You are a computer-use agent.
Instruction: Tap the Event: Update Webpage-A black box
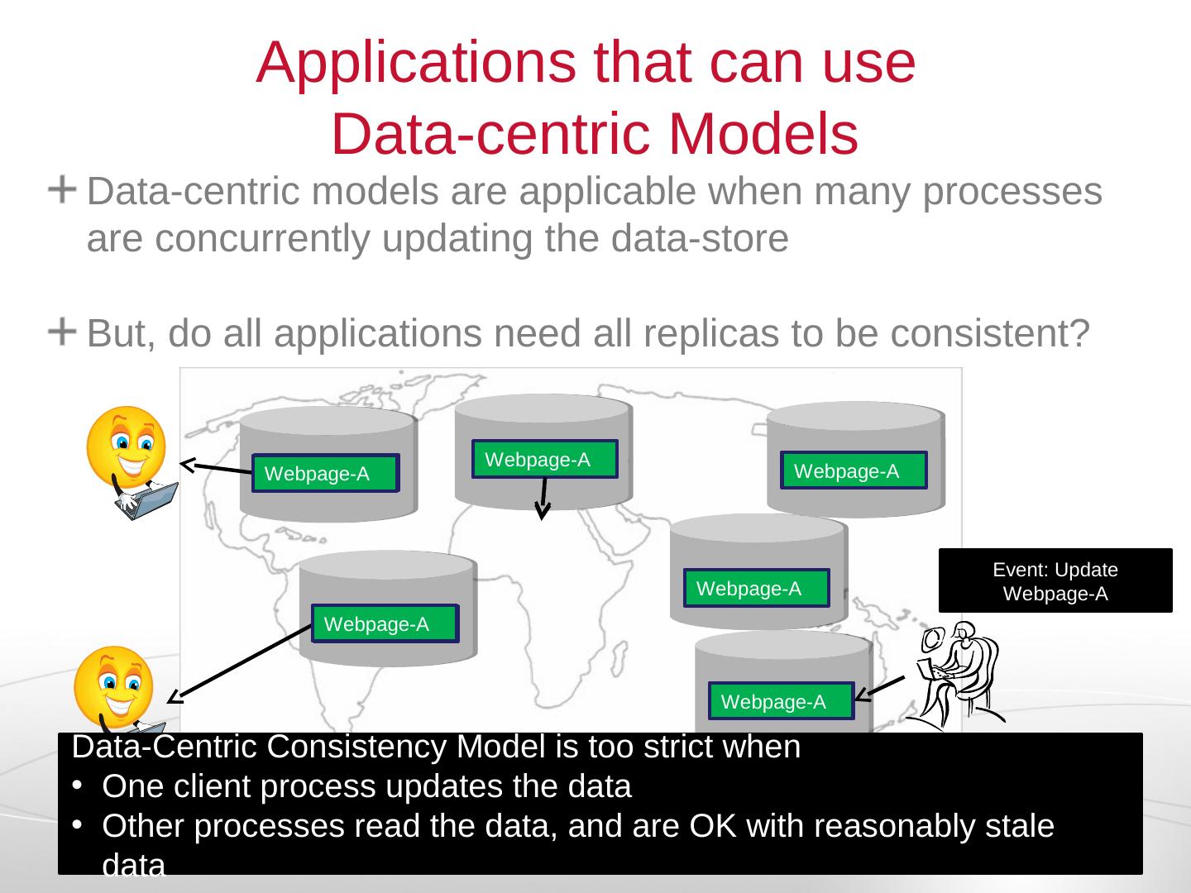click(1055, 580)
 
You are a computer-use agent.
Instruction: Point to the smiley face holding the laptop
click(126, 446)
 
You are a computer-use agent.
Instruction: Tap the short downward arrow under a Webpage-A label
click(543, 499)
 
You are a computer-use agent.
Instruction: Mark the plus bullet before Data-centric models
click(62, 190)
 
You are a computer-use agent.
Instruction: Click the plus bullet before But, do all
click(62, 332)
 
